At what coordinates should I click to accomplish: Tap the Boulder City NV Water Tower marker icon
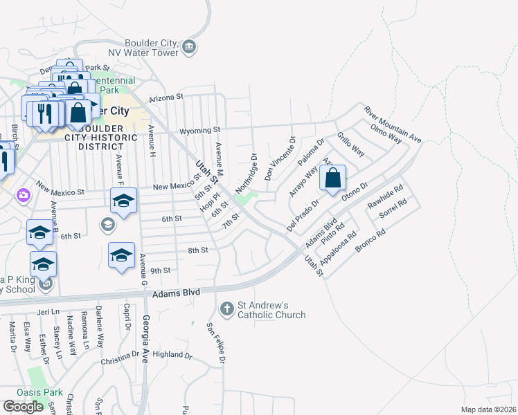[x=189, y=47]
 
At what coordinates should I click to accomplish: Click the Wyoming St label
[x=199, y=129]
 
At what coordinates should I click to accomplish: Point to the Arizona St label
[x=165, y=98]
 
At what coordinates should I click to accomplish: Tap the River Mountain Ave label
[x=393, y=124]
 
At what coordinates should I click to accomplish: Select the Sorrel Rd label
[x=391, y=210]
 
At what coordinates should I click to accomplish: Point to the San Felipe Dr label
[x=216, y=344]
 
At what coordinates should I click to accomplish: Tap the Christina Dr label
[x=120, y=358]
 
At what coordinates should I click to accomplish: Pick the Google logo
[x=24, y=406]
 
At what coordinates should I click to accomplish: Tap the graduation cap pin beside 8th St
[x=121, y=255]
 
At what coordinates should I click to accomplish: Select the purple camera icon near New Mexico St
[x=24, y=195]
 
